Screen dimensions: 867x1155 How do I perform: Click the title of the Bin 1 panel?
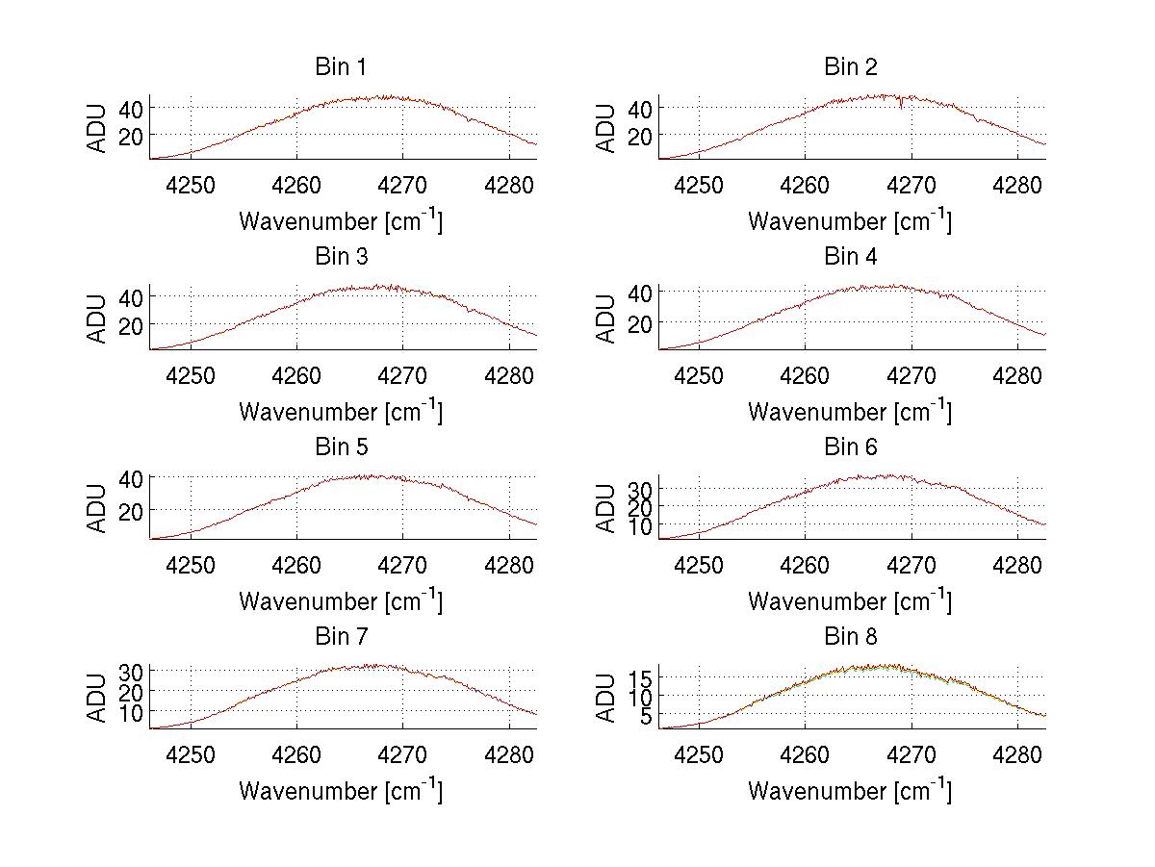coord(340,67)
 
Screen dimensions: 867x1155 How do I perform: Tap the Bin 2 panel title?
coord(851,67)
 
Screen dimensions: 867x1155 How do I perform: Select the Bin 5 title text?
coord(340,447)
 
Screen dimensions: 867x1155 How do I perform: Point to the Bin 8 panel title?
coord(851,637)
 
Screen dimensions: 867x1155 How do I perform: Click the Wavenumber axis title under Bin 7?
coord(341,790)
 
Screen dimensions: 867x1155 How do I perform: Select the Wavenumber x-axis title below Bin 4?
coord(850,411)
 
